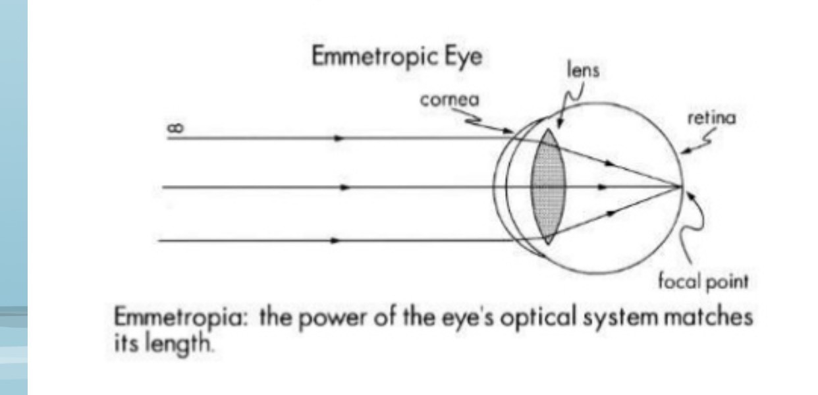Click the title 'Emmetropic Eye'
396,57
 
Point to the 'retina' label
711,118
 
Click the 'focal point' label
703,282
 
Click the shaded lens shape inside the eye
548,187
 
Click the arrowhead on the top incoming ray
339,139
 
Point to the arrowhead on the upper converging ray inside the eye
612,162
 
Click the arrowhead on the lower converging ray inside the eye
612,213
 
